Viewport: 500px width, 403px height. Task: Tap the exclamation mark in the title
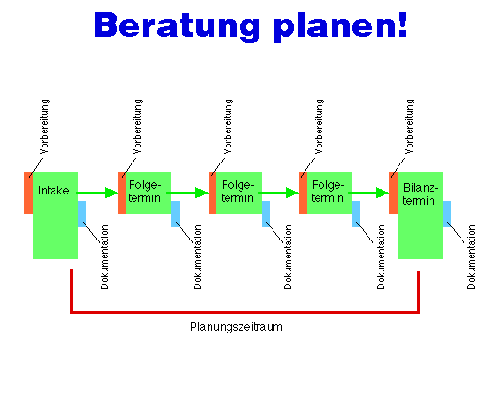point(403,24)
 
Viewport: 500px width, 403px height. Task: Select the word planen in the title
point(335,27)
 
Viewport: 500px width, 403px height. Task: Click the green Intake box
point(55,215)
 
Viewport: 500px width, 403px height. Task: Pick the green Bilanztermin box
point(420,215)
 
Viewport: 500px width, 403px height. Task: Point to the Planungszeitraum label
point(236,327)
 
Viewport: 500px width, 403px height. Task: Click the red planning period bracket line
point(245,312)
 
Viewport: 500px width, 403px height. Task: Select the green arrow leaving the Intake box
point(98,193)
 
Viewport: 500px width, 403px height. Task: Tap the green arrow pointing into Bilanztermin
point(368,193)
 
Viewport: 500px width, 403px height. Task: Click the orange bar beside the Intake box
point(29,193)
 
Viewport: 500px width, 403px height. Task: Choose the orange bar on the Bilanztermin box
point(393,193)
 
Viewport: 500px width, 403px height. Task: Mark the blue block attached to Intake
point(82,214)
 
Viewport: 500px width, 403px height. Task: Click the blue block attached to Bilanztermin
point(446,214)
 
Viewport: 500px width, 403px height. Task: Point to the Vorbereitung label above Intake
point(45,127)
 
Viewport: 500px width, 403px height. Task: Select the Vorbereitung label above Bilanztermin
point(409,127)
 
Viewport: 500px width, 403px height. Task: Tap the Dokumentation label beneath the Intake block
point(104,257)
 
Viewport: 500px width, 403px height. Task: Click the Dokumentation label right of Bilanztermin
point(471,257)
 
